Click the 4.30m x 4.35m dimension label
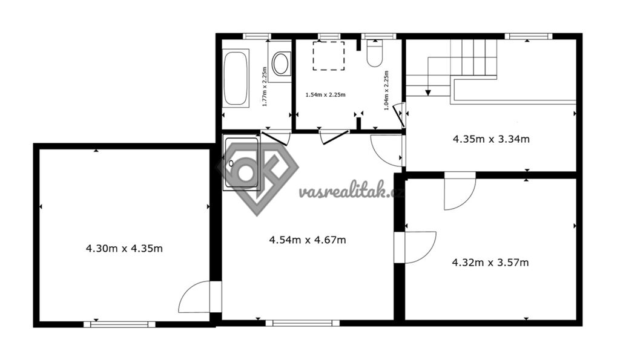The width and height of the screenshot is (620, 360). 124,249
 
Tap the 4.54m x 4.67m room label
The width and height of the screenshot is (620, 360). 307,240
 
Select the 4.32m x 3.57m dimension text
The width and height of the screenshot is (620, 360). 490,263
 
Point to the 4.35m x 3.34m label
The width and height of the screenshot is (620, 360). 491,139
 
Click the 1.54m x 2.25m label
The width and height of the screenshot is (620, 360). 325,95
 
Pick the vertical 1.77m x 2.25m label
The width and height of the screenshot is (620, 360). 265,87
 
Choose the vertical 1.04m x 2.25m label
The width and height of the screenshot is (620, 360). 386,90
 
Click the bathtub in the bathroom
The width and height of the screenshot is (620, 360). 236,78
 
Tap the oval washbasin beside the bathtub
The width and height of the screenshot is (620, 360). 281,64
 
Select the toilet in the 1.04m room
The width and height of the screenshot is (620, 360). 374,53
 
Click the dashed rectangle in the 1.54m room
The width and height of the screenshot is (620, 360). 329,56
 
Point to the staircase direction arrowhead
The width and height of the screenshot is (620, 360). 428,93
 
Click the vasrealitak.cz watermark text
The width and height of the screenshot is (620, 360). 352,192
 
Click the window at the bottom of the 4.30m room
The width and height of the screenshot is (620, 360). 119,324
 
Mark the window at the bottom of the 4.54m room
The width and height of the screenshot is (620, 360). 303,323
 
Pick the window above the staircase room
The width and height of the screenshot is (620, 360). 528,36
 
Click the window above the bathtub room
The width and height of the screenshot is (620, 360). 257,36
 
